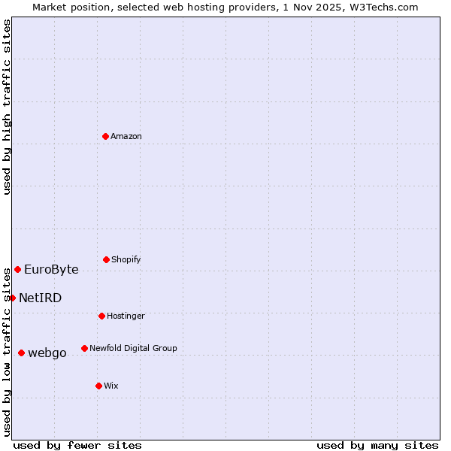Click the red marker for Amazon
[x=105, y=136]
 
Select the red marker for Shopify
[x=106, y=259]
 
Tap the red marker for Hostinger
[x=101, y=316]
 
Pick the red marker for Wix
[x=98, y=386]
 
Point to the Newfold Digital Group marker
[x=84, y=348]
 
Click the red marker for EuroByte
[x=17, y=269]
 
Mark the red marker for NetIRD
[x=12, y=298]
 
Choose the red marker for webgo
[x=21, y=353]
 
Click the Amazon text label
[x=126, y=136]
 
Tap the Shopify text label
[x=126, y=259]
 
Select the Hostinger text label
[x=126, y=316]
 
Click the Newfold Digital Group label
[x=133, y=348]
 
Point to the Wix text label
[x=111, y=386]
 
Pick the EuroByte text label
[x=51, y=269]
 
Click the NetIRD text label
[x=40, y=298]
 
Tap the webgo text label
[x=47, y=353]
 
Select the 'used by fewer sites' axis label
[x=77, y=445]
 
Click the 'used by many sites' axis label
[x=377, y=445]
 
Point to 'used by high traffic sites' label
[x=7, y=107]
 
